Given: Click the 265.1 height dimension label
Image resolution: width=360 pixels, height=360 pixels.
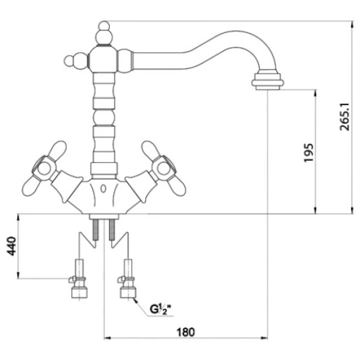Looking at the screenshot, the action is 344,116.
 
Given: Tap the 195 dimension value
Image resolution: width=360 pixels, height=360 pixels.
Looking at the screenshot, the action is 308,152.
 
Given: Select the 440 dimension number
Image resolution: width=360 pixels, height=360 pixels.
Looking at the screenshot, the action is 11,246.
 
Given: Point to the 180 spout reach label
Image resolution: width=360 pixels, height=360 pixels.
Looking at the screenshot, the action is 185,332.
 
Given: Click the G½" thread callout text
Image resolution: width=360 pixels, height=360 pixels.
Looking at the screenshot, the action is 161,309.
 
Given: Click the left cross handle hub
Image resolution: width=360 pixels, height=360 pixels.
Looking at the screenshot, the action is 44,169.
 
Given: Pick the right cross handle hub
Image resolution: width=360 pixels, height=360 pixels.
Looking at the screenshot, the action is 163,169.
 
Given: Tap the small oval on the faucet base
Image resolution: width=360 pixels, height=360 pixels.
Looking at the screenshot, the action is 104,189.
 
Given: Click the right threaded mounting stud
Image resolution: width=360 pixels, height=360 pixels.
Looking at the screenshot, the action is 112,229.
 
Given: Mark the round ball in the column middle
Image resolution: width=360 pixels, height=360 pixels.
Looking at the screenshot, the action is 104,118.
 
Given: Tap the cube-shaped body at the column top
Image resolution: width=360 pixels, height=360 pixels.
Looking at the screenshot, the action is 103,59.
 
